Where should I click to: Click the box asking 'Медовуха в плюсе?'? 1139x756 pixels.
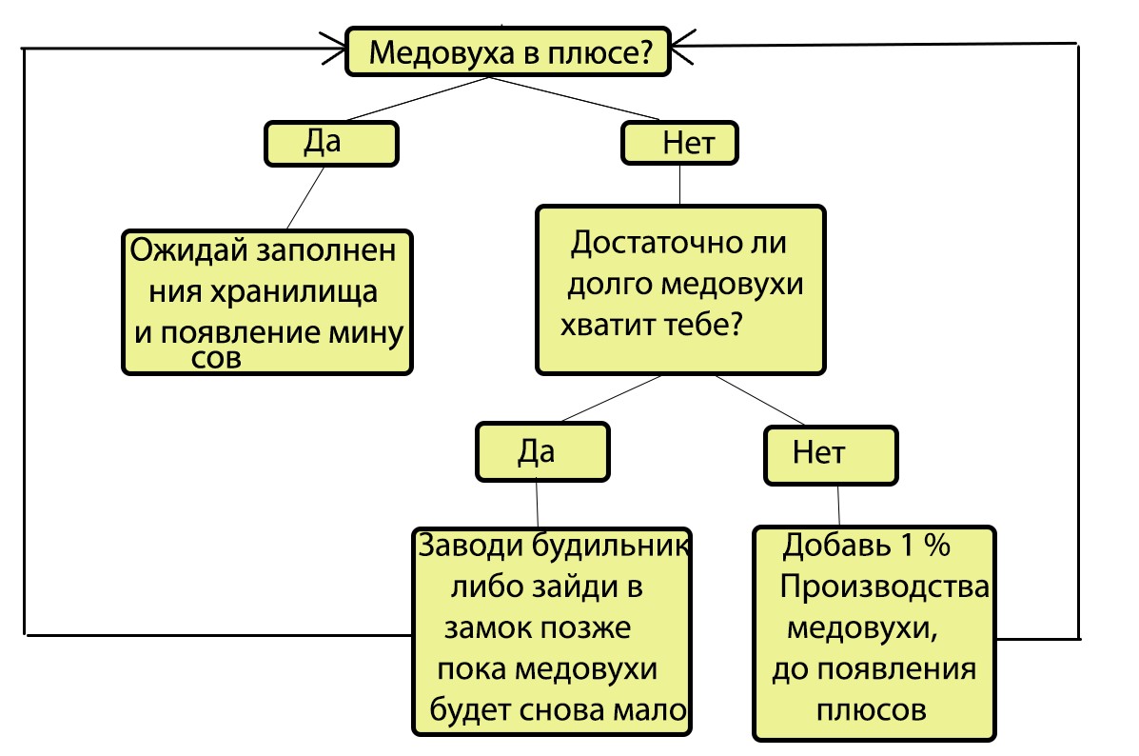[x=508, y=52]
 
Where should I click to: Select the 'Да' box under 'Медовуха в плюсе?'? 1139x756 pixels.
[x=330, y=144]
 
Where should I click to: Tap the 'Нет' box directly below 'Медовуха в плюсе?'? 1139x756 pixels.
[x=679, y=145]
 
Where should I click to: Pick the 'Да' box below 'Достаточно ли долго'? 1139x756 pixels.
[x=542, y=453]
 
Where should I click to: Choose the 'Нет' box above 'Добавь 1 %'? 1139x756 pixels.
[x=830, y=454]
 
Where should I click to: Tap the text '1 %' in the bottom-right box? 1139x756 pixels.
[x=923, y=547]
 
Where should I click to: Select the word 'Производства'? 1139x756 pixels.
[x=885, y=587]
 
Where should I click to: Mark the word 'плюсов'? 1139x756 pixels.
[x=872, y=710]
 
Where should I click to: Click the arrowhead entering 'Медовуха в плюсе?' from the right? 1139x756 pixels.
[x=680, y=44]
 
